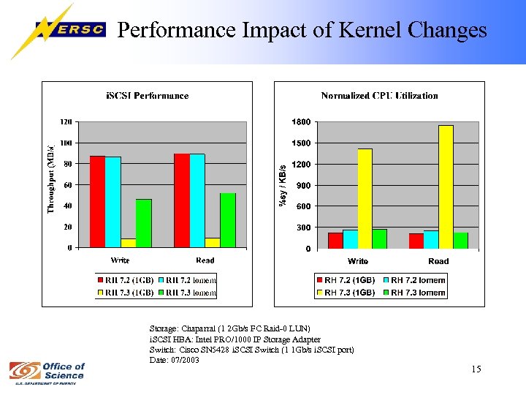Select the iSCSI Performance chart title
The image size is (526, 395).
pyautogui.click(x=148, y=96)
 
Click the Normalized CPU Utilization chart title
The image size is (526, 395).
pyautogui.click(x=379, y=96)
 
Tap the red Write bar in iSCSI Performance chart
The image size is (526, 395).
pyautogui.click(x=97, y=202)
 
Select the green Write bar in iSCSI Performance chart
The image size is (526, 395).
pyautogui.click(x=143, y=223)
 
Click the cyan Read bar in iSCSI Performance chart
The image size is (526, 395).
pyautogui.click(x=197, y=200)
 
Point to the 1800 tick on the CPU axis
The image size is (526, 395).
pyautogui.click(x=301, y=121)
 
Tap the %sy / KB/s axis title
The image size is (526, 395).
pyautogui.click(x=283, y=184)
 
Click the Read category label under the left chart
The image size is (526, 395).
pyautogui.click(x=205, y=260)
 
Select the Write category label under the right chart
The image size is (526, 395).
pyautogui.click(x=358, y=261)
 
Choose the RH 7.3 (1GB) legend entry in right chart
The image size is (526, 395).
pyautogui.click(x=347, y=293)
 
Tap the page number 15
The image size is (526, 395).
pyautogui.click(x=476, y=369)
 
